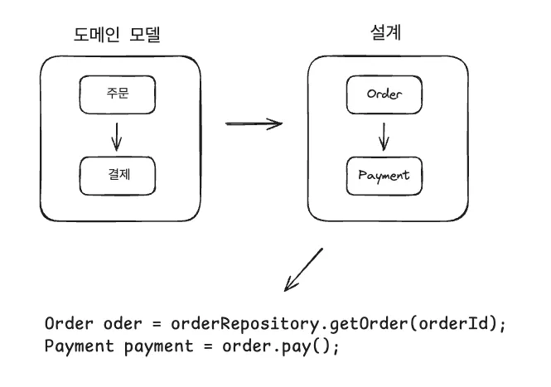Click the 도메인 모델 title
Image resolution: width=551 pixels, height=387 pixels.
117,35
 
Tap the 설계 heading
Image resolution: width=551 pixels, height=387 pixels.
384,33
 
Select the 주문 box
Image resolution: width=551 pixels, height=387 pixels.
117,94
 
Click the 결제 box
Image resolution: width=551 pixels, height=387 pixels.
117,174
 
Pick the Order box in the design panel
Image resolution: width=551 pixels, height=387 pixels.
384,94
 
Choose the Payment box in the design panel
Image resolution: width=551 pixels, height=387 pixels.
384,176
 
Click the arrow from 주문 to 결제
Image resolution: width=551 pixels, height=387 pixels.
117,134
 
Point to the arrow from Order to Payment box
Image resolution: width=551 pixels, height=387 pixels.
384,135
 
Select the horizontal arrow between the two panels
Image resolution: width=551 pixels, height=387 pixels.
254,124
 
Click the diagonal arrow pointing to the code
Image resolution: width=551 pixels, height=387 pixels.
303,269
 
